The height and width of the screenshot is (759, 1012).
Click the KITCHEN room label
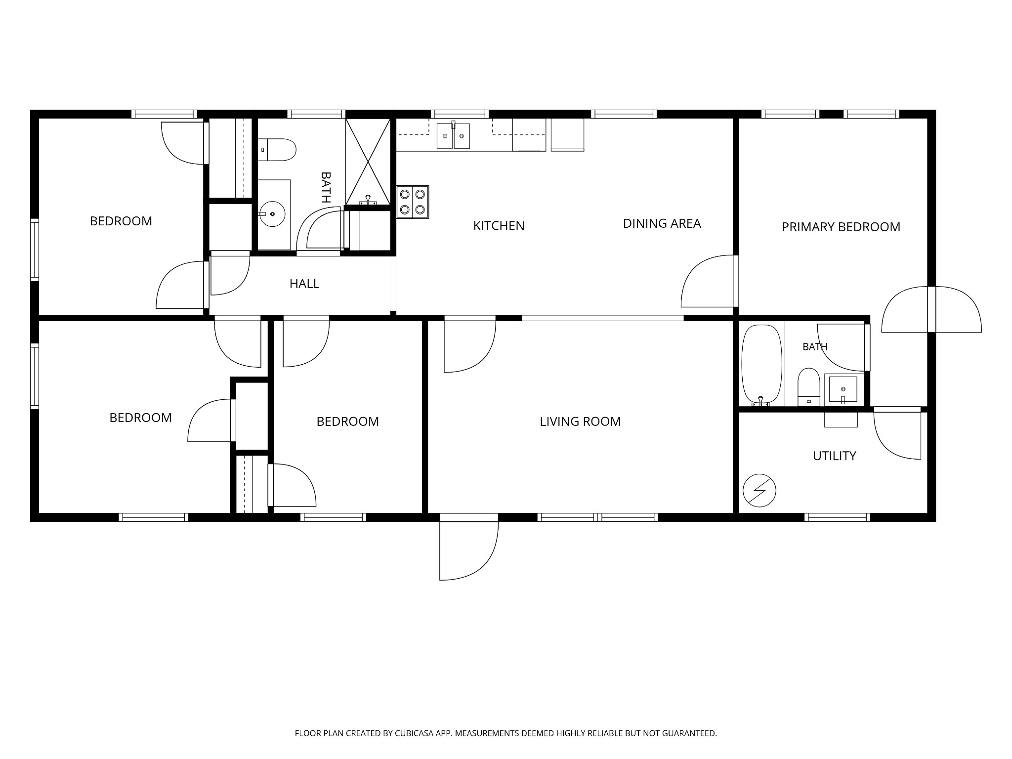(499, 226)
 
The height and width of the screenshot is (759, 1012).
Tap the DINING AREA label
(662, 223)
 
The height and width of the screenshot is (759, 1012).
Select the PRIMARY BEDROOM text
(841, 227)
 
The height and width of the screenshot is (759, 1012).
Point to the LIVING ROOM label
(580, 422)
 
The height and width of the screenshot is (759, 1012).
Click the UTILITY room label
(834, 456)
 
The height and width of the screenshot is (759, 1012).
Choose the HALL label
(304, 284)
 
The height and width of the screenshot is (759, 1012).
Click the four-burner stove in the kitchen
(413, 202)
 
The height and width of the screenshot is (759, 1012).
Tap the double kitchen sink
(453, 136)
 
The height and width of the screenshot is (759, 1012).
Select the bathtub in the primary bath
(761, 365)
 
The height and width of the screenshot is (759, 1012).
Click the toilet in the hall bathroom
(277, 150)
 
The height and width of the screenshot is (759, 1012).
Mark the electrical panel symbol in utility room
(759, 491)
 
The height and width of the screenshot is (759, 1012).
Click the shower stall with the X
(368, 162)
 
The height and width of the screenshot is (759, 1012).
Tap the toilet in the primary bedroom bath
(809, 386)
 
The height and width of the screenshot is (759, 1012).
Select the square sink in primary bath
(843, 389)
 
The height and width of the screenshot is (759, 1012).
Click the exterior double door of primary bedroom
(931, 309)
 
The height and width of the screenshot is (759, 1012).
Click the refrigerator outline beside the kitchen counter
(567, 134)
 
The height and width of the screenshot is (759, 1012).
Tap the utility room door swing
(897, 433)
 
